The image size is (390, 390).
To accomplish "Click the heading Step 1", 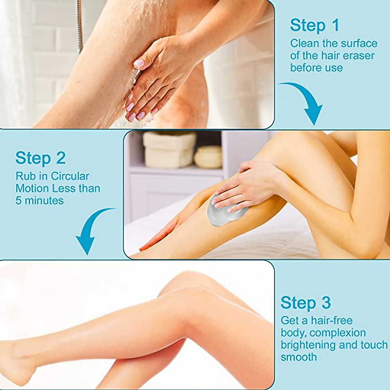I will [x=314, y=26].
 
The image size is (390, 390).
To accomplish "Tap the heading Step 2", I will [x=40, y=158].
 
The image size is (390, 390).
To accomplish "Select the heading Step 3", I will [x=305, y=303].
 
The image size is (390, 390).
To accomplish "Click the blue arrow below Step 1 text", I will [x=304, y=102].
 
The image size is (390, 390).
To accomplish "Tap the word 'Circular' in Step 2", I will [x=70, y=176].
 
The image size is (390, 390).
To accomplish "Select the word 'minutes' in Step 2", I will [x=44, y=201].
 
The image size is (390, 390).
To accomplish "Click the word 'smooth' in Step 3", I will [x=299, y=357].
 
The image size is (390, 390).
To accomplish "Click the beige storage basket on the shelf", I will [x=169, y=149].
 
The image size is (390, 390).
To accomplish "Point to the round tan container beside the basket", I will [x=208, y=157].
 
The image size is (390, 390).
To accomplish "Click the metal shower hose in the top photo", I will [x=79, y=26].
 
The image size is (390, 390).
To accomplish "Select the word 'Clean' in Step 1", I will [x=303, y=43].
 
